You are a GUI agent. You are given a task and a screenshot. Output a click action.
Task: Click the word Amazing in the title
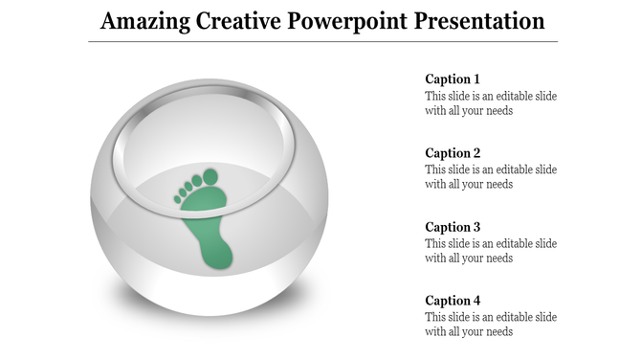coord(144,21)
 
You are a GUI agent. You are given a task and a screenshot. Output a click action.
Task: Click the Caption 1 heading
coord(453,79)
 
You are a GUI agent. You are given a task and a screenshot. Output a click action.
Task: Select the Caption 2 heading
coord(453,153)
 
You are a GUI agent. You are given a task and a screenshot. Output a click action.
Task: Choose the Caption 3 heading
coord(453,227)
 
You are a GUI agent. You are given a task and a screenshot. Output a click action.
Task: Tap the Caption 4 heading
coord(453,301)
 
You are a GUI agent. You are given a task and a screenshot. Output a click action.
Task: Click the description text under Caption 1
coord(490,103)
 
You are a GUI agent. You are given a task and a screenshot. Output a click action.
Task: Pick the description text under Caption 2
coord(490,177)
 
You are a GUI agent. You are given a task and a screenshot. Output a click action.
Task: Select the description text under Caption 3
coord(490,251)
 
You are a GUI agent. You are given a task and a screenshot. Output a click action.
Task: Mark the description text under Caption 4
coord(490,325)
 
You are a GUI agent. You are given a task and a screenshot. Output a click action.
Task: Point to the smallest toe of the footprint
coord(178,199)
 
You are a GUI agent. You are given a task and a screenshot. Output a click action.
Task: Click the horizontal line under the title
coord(322,42)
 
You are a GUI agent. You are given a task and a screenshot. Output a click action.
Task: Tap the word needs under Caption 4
coord(497,332)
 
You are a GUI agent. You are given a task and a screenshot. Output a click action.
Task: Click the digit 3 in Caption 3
coord(476,227)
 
